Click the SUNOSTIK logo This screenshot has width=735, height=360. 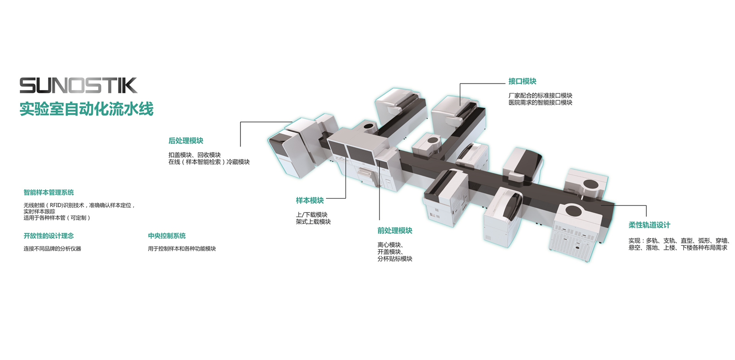78,85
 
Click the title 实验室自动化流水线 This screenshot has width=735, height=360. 87,109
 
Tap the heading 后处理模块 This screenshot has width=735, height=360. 186,141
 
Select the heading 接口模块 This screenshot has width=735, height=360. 522,81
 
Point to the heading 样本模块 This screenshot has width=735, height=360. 310,200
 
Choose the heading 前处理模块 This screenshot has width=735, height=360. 395,231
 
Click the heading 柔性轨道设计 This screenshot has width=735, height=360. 649,225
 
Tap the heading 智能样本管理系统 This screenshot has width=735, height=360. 49,192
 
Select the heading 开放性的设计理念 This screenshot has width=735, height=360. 49,236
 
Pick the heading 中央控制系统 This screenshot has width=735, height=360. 167,236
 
